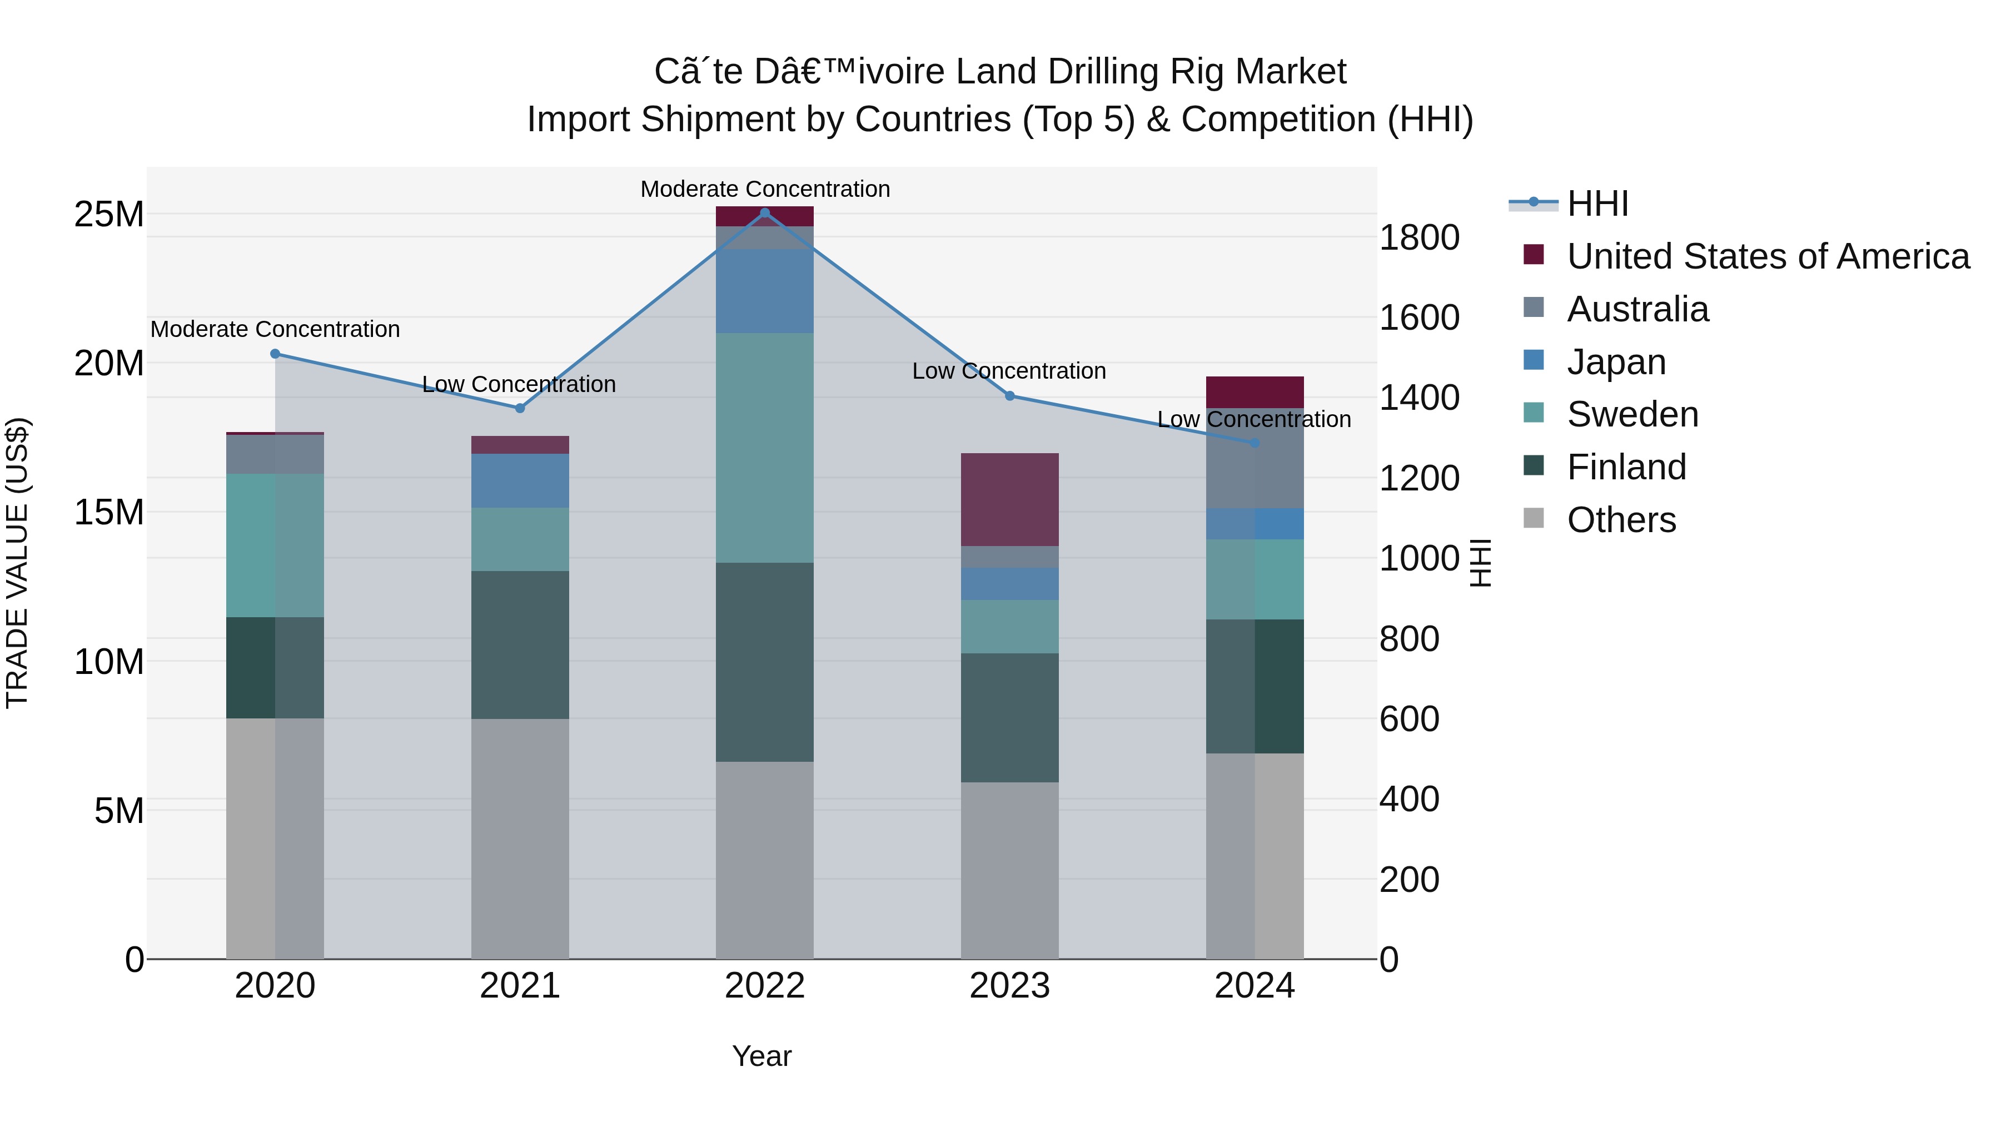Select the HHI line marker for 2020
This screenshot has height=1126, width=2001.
275,354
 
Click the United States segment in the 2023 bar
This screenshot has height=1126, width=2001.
1010,500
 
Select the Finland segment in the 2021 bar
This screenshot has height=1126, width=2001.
520,645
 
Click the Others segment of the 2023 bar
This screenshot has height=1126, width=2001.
1010,870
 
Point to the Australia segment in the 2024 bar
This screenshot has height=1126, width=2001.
1255,459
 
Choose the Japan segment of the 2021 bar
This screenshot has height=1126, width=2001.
520,481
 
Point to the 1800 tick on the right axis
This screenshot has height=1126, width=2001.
1419,238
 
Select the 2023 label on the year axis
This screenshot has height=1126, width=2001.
1010,986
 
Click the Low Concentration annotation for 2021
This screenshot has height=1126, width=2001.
519,385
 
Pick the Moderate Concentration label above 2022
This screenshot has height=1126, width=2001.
765,190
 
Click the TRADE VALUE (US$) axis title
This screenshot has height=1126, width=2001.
18,563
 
